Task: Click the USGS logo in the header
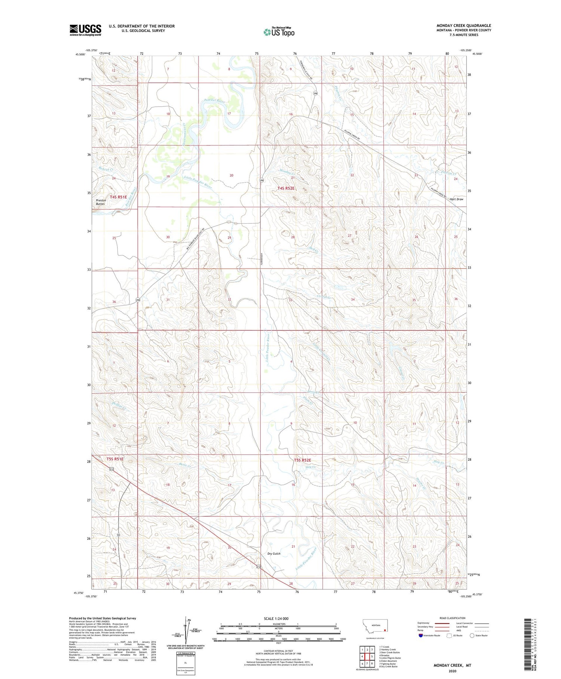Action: [85, 30]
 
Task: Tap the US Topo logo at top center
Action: [279, 32]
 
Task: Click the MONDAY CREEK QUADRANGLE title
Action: [464, 25]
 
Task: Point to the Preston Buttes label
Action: [101, 202]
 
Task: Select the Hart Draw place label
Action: [456, 199]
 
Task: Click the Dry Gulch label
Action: [274, 554]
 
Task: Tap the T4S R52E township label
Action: [286, 188]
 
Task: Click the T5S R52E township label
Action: [302, 460]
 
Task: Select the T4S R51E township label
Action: [118, 197]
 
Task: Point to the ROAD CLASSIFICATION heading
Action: [452, 618]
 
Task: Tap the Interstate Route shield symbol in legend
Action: [421, 636]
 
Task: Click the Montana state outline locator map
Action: [375, 626]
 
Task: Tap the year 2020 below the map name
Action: [453, 671]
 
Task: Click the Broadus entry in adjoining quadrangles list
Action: [385, 655]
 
